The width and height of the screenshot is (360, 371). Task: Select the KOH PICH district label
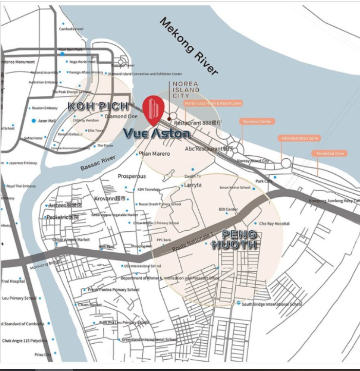coord(97,107)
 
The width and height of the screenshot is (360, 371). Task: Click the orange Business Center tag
coord(257,122)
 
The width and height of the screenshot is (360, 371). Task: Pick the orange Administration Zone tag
coord(299,138)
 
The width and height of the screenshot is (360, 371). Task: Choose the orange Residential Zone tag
coord(330,153)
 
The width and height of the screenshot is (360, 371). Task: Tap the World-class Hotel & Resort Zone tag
coord(213,103)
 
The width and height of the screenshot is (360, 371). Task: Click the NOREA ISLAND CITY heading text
coord(185,89)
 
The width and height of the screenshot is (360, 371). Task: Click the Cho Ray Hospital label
coord(274,224)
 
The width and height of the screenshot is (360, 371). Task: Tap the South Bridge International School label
coord(272,304)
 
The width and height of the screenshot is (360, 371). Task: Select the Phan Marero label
coord(155,154)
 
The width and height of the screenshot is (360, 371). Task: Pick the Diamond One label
coord(118,116)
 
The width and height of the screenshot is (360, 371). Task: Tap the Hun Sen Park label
coord(71,49)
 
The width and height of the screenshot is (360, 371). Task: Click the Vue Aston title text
coord(157,134)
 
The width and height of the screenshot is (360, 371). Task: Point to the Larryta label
coord(193,184)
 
